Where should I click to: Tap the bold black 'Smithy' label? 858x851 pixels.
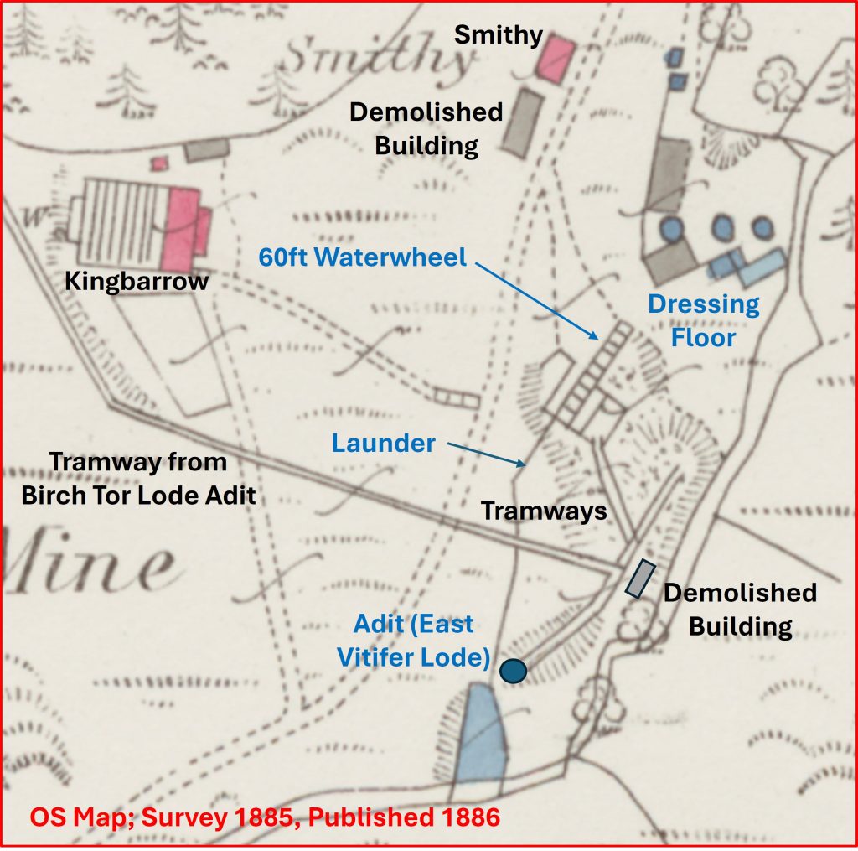tap(499, 35)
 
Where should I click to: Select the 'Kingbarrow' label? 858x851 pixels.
tap(137, 282)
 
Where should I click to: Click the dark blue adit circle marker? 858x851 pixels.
tap(513, 671)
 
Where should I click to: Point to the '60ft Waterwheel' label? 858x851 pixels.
tap(362, 257)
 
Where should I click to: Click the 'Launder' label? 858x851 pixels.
tap(384, 443)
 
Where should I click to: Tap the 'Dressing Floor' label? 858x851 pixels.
tap(704, 320)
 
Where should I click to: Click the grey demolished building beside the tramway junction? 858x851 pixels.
tap(641, 579)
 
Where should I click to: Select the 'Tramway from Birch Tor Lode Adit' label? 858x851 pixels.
tap(138, 479)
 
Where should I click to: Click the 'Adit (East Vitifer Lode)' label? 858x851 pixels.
tap(413, 641)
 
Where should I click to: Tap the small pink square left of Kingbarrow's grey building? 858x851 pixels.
tap(159, 163)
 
